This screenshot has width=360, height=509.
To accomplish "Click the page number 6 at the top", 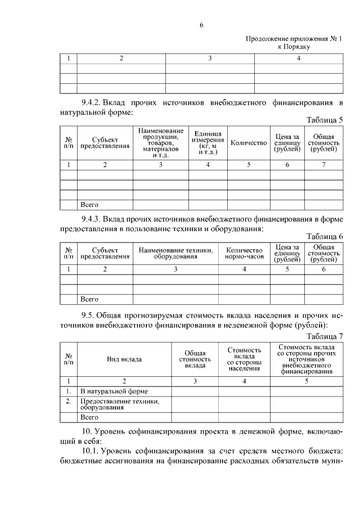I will tap(201, 25).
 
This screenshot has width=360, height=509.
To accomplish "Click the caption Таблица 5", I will tap(324, 120).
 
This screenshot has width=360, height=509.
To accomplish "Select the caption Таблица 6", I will tap(324, 236).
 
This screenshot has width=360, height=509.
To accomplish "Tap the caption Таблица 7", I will tap(324, 336).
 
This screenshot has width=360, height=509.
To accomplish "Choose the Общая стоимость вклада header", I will tap(195, 359).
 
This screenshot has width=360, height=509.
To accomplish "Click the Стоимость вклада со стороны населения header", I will tap(244, 359).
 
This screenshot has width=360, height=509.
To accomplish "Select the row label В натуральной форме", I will tap(114, 391).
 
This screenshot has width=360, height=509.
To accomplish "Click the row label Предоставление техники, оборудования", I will tap(120, 405).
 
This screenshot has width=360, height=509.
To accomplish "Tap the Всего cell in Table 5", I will tap(89, 205).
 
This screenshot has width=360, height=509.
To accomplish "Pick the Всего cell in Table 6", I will tap(89, 299).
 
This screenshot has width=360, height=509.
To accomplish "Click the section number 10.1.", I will tap(91, 451).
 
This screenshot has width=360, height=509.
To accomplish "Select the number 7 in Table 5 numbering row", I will tap(323, 165).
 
